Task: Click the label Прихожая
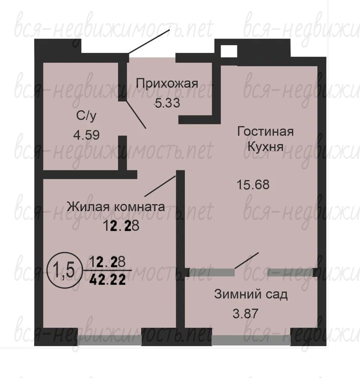tap(167, 84)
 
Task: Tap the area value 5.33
tap(167, 103)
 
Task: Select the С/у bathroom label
tap(86, 116)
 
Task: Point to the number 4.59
tap(87, 135)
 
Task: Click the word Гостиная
tap(266, 132)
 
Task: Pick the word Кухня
tap(265, 146)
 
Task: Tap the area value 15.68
tap(253, 185)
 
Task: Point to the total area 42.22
tap(107, 280)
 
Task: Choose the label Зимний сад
tap(251, 294)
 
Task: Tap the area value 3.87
tap(245, 314)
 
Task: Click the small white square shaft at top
tap(229, 51)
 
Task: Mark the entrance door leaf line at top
tap(149, 41)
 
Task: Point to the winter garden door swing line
tap(247, 260)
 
